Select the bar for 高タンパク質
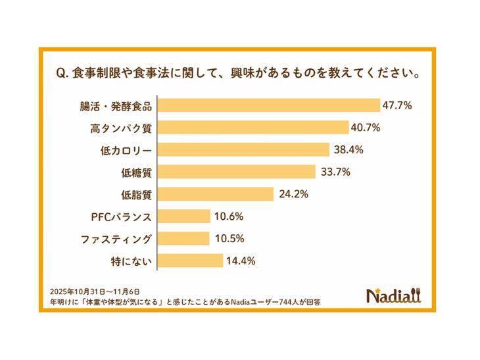254,127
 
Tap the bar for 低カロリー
244,149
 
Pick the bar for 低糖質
237,172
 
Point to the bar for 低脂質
216,194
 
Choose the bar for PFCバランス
184,217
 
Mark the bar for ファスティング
184,238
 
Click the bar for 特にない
191,261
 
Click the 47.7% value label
398,105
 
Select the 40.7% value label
367,127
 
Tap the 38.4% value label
348,149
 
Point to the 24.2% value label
292,194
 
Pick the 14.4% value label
241,261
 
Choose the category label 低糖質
137,172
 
